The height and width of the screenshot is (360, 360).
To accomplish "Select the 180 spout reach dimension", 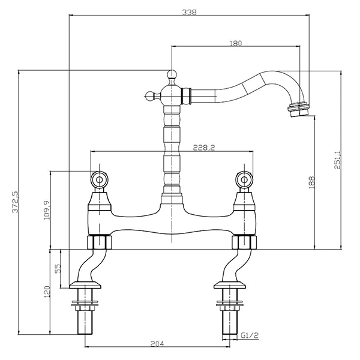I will [x=236, y=43].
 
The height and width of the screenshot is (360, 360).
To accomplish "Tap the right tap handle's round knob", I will [x=245, y=179].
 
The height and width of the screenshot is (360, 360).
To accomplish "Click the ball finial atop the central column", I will [x=172, y=74].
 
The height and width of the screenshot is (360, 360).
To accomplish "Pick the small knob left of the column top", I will [x=150, y=94].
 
